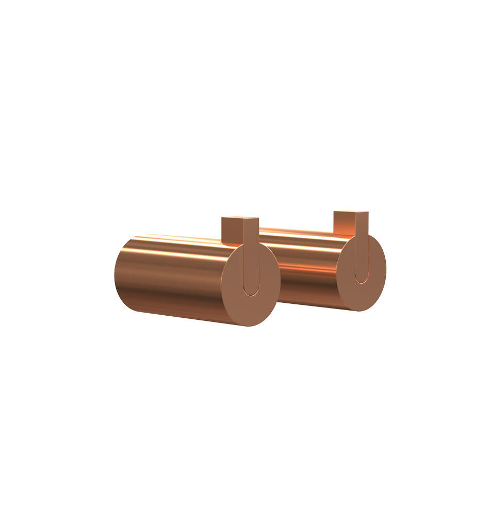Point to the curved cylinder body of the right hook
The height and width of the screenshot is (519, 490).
point(309,268)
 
